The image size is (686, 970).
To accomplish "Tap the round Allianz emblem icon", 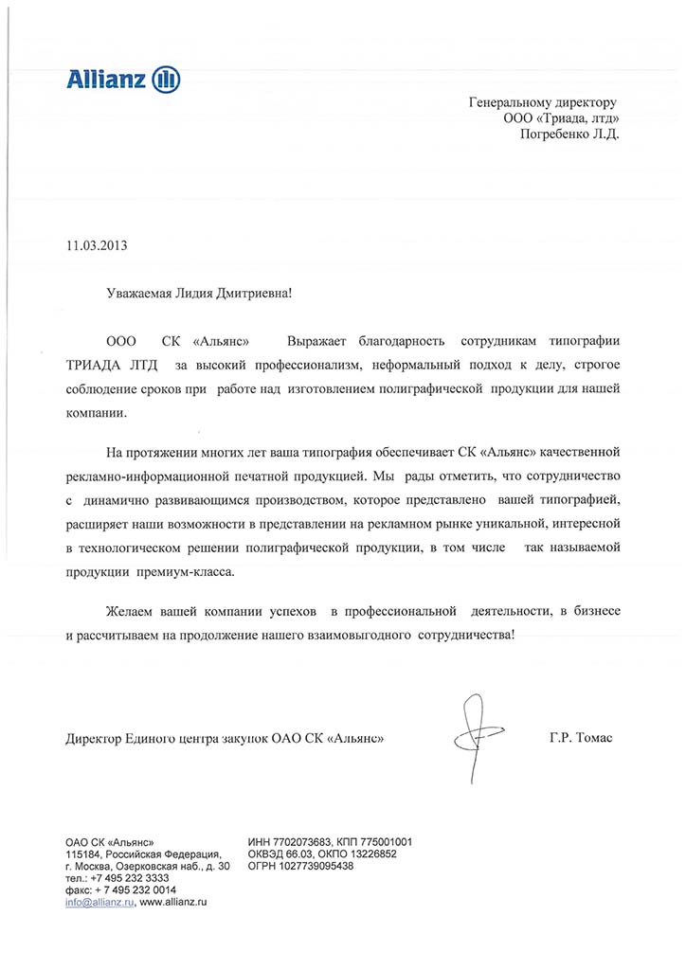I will tap(167, 79).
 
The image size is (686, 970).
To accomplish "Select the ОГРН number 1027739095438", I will tap(313, 866).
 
